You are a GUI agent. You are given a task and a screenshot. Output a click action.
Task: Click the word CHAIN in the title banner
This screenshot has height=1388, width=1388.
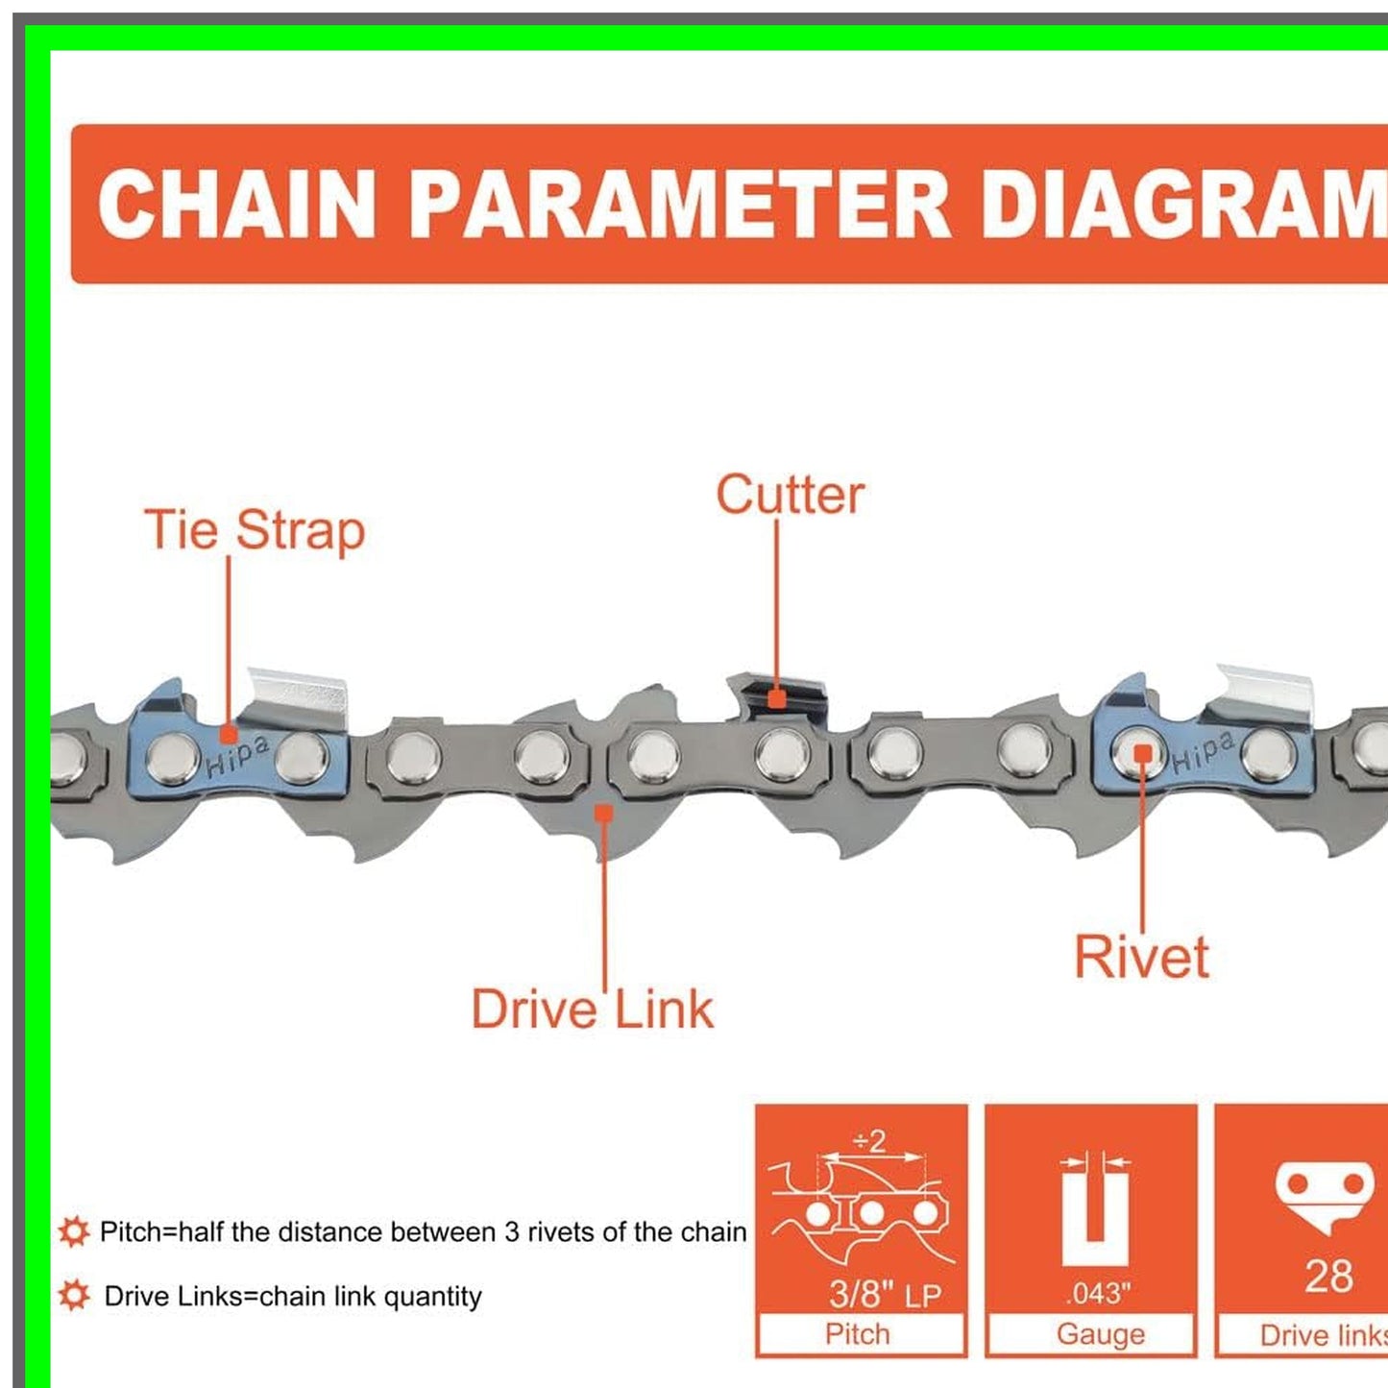pyautogui.click(x=236, y=205)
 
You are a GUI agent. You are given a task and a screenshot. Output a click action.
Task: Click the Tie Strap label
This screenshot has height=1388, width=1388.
pyautogui.click(x=255, y=531)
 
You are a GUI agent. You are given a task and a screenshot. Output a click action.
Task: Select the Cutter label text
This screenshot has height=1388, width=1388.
pyautogui.click(x=790, y=496)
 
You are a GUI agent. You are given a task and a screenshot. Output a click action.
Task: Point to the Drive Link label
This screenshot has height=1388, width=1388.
pyautogui.click(x=592, y=1010)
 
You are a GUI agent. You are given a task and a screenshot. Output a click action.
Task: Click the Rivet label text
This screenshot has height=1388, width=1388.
pyautogui.click(x=1141, y=957)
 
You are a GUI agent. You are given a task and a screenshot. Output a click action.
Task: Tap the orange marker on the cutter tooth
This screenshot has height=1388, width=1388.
pyautogui.click(x=777, y=698)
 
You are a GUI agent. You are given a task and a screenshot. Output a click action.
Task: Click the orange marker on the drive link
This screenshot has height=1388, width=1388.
pyautogui.click(x=603, y=814)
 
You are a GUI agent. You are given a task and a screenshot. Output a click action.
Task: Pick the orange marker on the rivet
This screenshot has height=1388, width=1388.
pyautogui.click(x=1143, y=754)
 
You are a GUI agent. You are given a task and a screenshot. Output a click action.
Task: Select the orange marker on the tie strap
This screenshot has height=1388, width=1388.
pyautogui.click(x=229, y=735)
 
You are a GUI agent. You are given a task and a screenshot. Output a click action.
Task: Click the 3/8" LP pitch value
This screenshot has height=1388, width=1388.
pyautogui.click(x=885, y=1294)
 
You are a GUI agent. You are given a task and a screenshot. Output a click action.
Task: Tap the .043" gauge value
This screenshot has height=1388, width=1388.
pyautogui.click(x=1099, y=1294)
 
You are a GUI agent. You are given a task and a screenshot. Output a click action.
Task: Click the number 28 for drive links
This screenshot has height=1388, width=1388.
pyautogui.click(x=1329, y=1277)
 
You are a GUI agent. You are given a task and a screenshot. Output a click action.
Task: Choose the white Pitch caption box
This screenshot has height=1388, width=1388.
pyautogui.click(x=860, y=1334)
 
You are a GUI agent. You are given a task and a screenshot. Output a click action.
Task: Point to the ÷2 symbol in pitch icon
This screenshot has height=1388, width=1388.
pyautogui.click(x=869, y=1141)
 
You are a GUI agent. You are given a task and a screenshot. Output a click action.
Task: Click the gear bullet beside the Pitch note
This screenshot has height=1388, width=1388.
pyautogui.click(x=74, y=1231)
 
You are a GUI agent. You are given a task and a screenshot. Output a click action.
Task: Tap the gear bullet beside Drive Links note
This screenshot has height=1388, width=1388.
pyautogui.click(x=74, y=1296)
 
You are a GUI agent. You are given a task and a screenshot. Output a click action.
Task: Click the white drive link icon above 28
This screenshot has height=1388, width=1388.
pyautogui.click(x=1326, y=1194)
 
